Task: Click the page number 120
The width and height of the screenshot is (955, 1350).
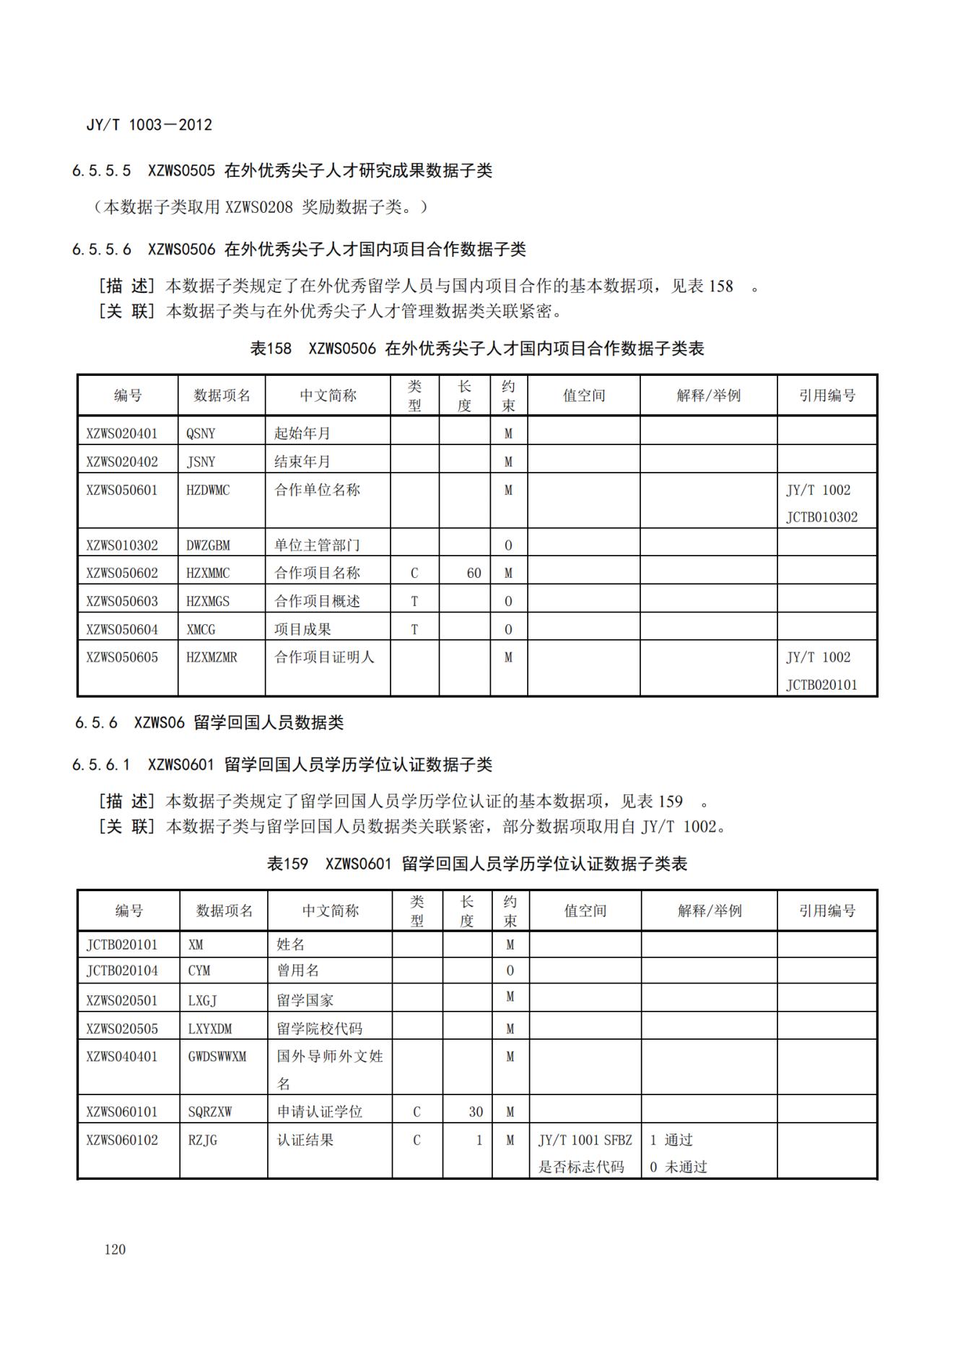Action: tap(115, 1249)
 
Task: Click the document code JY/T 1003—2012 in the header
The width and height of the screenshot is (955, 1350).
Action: tap(149, 125)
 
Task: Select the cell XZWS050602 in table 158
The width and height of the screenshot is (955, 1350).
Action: tap(122, 573)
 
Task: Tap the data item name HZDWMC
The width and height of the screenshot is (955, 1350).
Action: tap(208, 490)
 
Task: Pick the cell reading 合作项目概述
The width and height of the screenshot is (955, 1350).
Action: tap(317, 601)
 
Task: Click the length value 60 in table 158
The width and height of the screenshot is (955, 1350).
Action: tap(474, 573)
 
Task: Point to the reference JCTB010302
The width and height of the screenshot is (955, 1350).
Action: tap(821, 517)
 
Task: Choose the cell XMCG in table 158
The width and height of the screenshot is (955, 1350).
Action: tap(201, 629)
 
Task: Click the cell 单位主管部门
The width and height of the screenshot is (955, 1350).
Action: tap(317, 545)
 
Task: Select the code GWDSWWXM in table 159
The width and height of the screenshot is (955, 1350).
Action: tap(217, 1056)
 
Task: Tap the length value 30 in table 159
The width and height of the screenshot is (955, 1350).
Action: tap(476, 1112)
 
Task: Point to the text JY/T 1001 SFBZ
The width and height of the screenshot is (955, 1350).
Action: tap(585, 1140)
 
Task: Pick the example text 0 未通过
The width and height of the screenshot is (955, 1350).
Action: tap(678, 1167)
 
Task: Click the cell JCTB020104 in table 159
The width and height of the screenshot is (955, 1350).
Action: tap(122, 970)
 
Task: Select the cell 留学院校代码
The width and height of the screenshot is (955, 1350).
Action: tap(320, 1028)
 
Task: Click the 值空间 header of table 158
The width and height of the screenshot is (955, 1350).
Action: tap(584, 395)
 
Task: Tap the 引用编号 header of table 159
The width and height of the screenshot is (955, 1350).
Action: tap(827, 911)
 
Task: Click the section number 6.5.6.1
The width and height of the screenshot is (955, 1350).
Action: tap(101, 765)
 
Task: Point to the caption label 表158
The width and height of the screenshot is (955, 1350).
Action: tap(271, 349)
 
